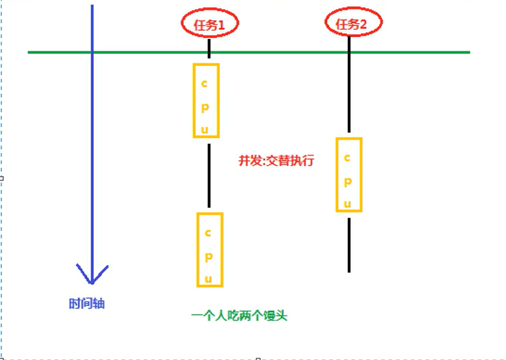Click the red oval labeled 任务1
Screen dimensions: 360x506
pos(210,24)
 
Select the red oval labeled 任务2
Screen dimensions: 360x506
pos(354,24)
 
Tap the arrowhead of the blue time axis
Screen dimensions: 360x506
pos(92,274)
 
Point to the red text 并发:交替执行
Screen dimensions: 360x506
pos(277,161)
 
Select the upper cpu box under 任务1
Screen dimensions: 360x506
pos(206,100)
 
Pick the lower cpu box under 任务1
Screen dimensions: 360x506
pos(210,249)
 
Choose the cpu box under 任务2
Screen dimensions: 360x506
pos(349,174)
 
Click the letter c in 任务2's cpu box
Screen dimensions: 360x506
pos(348,158)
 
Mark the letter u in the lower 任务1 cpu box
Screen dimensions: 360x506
pos(209,279)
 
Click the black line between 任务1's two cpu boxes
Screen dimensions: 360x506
pos(209,175)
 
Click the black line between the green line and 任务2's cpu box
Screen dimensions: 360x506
pos(349,92)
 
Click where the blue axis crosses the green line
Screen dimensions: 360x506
pos(92,51)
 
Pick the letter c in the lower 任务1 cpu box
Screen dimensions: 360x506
pos(208,233)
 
